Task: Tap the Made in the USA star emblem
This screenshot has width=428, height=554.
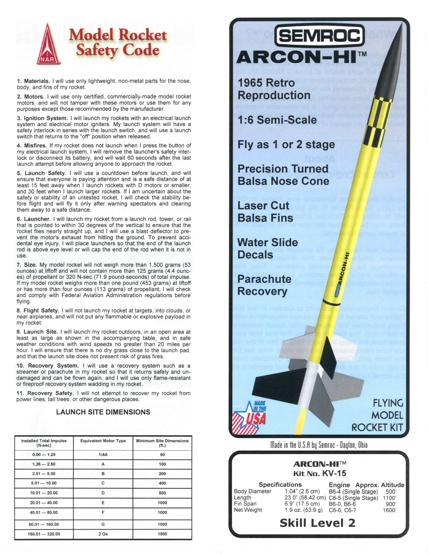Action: click(x=250, y=417)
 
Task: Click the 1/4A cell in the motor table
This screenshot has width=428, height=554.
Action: click(x=103, y=455)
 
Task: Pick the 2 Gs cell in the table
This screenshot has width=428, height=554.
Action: click(x=103, y=534)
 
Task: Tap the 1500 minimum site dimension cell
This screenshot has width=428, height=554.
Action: click(x=162, y=534)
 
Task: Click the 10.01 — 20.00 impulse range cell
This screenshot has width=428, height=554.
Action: click(x=44, y=493)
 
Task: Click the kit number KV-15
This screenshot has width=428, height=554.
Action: click(x=334, y=473)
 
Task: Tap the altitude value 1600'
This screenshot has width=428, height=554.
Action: click(x=389, y=510)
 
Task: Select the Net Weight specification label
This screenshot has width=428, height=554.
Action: click(x=248, y=510)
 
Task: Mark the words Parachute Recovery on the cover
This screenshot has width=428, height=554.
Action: click(x=264, y=285)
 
